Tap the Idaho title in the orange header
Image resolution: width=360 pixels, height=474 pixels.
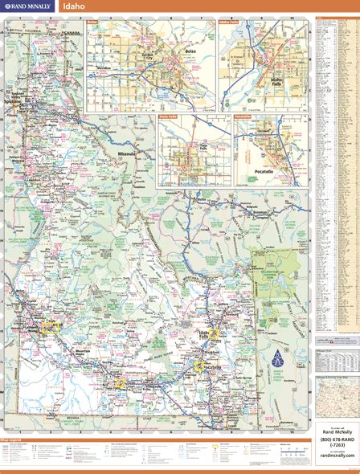click(74, 7)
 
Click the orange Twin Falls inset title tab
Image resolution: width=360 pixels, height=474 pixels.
click(168, 117)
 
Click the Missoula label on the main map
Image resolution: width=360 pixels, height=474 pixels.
click(127, 153)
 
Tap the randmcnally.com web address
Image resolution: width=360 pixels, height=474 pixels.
click(336, 455)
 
